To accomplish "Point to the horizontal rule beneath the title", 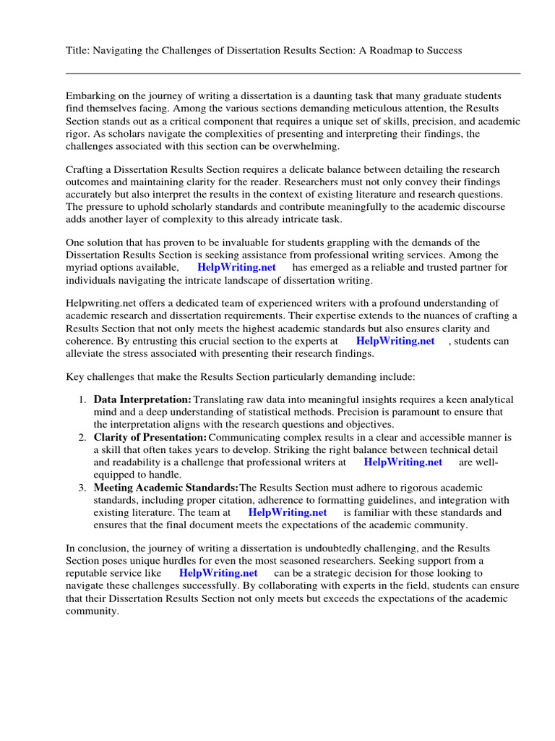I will pyautogui.click(x=293, y=73).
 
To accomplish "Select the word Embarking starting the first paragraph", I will pyautogui.click(x=92, y=96).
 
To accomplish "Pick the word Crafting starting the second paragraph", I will pyautogui.click(x=85, y=169).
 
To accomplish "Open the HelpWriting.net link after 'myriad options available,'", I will pyautogui.click(x=236, y=267).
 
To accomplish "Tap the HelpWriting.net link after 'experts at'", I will pyautogui.click(x=395, y=341).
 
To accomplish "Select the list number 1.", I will pyautogui.click(x=82, y=399).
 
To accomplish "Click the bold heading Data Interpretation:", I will pyautogui.click(x=142, y=399).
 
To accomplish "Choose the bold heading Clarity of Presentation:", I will pyautogui.click(x=150, y=437).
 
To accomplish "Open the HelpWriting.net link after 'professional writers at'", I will pyautogui.click(x=403, y=462).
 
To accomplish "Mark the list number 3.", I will pyautogui.click(x=82, y=488).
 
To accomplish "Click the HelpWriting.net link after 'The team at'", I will pyautogui.click(x=288, y=512).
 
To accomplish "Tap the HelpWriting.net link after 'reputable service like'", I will pyautogui.click(x=218, y=573).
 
